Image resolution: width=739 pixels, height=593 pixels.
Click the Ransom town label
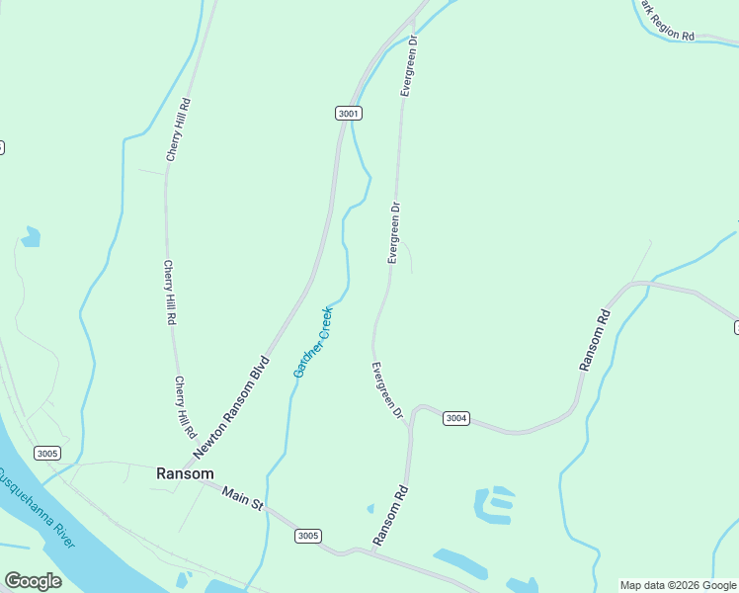pyautogui.click(x=185, y=473)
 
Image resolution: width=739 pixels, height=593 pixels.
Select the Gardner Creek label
pyautogui.click(x=314, y=342)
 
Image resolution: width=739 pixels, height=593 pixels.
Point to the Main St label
pyautogui.click(x=242, y=498)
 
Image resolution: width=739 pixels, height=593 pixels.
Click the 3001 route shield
pyautogui.click(x=349, y=114)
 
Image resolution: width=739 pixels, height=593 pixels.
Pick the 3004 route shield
pyautogui.click(x=455, y=418)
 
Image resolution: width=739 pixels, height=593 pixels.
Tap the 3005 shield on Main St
pyautogui.click(x=307, y=536)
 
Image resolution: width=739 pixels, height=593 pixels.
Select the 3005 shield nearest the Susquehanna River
pyautogui.click(x=46, y=454)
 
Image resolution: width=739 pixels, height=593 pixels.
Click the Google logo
pyautogui.click(x=33, y=581)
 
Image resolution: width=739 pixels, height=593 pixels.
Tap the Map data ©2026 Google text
pyautogui.click(x=678, y=585)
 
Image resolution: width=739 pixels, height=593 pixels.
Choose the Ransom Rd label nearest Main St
pyautogui.click(x=390, y=516)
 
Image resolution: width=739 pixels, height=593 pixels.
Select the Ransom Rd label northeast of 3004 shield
pyautogui.click(x=595, y=340)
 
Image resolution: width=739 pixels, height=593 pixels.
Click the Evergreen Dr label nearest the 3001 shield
pyautogui.click(x=408, y=65)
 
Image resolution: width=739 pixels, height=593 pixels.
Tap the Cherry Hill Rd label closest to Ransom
pyautogui.click(x=184, y=407)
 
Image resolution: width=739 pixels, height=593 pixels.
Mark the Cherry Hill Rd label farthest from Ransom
pyautogui.click(x=178, y=129)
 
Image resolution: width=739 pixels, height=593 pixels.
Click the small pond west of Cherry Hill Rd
pyautogui.click(x=32, y=236)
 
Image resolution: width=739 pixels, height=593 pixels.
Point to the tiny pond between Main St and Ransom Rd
pyautogui.click(x=370, y=509)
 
